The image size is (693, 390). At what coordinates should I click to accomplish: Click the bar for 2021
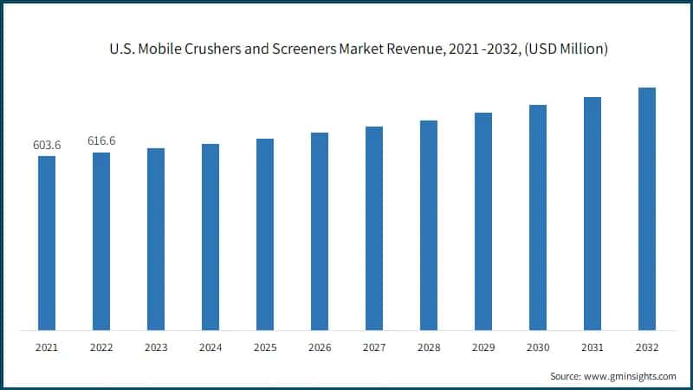pos(47,243)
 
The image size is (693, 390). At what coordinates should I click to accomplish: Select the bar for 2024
pos(210,237)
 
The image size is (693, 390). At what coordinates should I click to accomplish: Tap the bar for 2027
pos(374,228)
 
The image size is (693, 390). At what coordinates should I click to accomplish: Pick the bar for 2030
pos(538,217)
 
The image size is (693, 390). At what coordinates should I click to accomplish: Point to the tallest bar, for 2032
pos(647,208)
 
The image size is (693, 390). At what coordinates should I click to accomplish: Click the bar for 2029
pos(483,221)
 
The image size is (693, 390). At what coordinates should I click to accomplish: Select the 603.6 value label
pos(47,145)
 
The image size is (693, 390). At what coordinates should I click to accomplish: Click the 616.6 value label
pos(101,140)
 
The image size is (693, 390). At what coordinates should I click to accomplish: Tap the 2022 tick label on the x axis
pos(101,348)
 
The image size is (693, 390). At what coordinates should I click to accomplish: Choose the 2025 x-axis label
pos(265,348)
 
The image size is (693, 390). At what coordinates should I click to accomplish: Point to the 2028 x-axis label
pos(429,348)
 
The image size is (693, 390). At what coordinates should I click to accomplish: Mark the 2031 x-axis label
pos(593,348)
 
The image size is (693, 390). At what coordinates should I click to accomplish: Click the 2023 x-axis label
pos(156,348)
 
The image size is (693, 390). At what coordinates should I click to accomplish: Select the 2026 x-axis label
pos(320,348)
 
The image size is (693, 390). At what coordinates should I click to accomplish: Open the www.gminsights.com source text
pos(629,376)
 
